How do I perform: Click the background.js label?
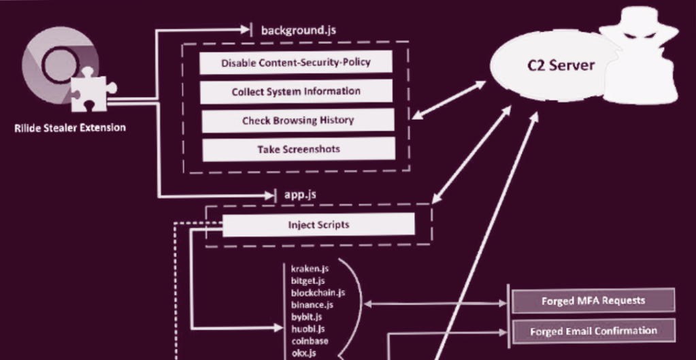point(298,30)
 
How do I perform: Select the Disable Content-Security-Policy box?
point(296,63)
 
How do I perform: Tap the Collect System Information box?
point(296,91)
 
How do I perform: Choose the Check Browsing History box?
point(297,120)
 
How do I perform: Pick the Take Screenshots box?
point(298,149)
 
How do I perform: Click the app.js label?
point(300,195)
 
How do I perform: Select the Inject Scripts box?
point(318,225)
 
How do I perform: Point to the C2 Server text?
point(561,65)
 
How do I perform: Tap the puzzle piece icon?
point(92,92)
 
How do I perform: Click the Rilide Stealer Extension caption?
point(69,127)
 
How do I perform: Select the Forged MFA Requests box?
point(593,299)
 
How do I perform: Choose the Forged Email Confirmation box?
point(593,331)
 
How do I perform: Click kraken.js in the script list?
point(305,269)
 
